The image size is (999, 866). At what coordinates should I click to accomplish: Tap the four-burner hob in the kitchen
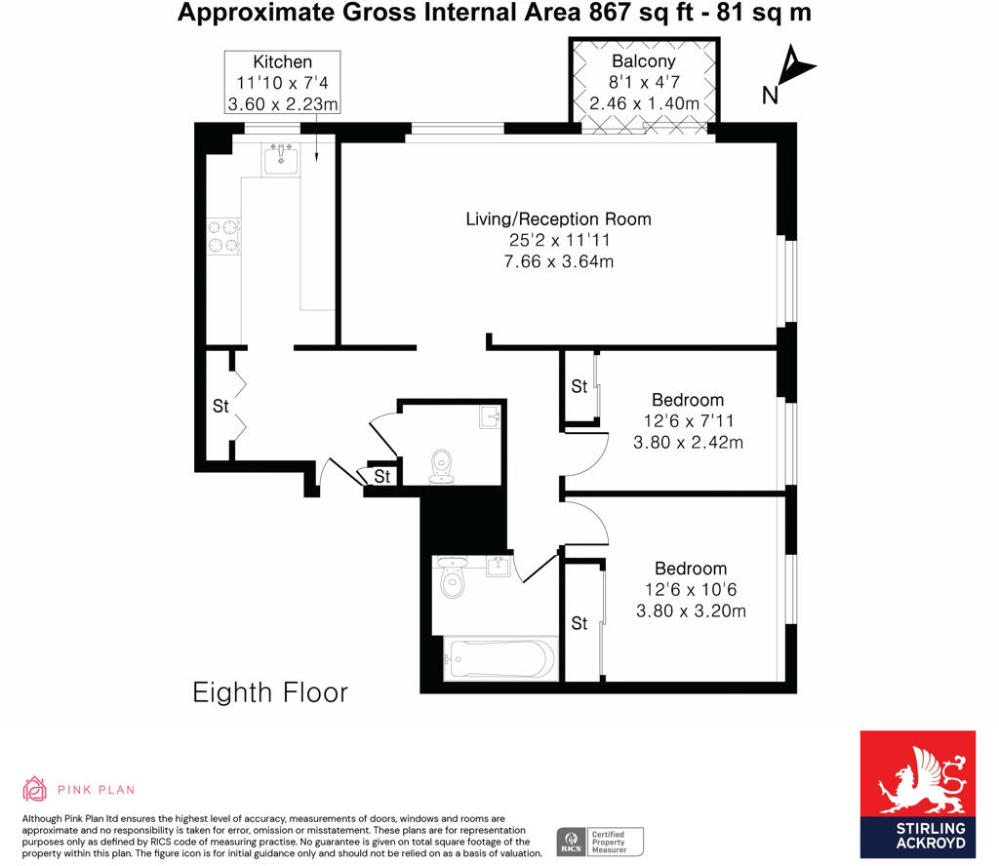click(222, 237)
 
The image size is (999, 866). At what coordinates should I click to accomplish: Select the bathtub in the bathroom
click(499, 659)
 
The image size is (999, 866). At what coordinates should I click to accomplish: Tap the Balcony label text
click(643, 61)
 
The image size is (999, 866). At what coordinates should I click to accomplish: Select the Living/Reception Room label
click(558, 218)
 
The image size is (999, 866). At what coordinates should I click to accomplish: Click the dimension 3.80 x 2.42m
click(690, 442)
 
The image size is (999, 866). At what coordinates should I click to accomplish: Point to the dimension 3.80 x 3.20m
click(691, 611)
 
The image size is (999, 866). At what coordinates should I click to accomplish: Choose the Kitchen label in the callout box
click(282, 61)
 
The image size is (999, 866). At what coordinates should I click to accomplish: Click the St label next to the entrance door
click(382, 477)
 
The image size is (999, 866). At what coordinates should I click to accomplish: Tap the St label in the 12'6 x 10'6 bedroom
click(579, 623)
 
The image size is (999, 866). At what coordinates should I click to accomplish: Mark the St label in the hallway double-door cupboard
click(220, 406)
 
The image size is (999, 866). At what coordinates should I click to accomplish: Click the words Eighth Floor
click(270, 693)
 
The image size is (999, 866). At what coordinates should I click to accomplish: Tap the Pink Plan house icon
click(35, 789)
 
